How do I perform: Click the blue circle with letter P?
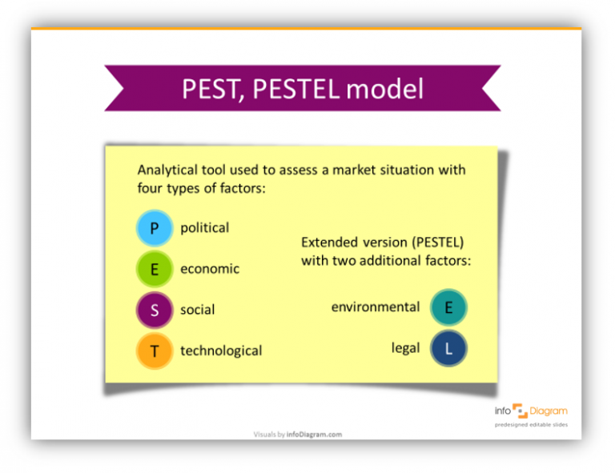[155, 228]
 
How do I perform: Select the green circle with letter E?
[155, 270]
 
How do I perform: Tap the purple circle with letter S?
[155, 311]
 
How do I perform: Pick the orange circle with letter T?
[155, 351]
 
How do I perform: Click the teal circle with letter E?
[448, 307]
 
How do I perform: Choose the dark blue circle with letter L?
[448, 349]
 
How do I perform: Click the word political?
[204, 228]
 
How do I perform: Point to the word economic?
[209, 270]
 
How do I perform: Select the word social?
[197, 311]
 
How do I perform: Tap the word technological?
[220, 351]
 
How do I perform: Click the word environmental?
[375, 307]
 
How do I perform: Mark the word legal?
[405, 349]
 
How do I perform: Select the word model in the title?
[385, 89]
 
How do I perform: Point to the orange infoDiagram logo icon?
[520, 411]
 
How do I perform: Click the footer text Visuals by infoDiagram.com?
[297, 435]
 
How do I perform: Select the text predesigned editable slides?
[530, 425]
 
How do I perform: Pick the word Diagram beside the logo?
[549, 411]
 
